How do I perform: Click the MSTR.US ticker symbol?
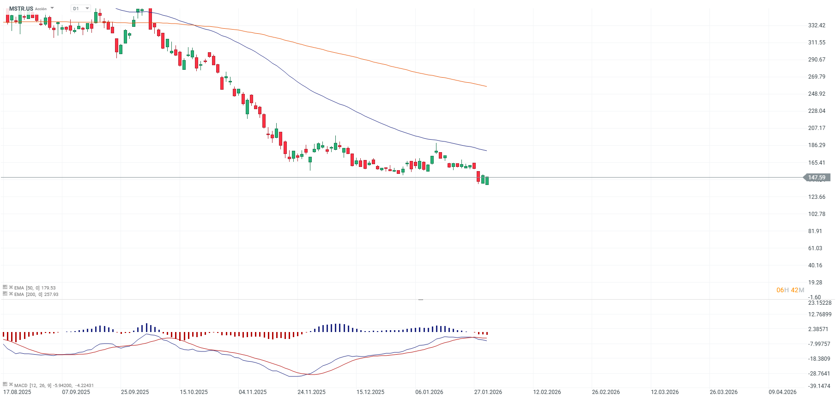pyautogui.click(x=21, y=9)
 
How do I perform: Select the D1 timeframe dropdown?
pyautogui.click(x=81, y=8)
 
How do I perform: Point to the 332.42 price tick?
pyautogui.click(x=817, y=25)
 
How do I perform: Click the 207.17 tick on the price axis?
pyautogui.click(x=817, y=128)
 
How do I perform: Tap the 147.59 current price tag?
pyautogui.click(x=817, y=178)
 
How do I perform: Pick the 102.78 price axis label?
pyautogui.click(x=817, y=214)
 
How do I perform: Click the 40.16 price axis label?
pyautogui.click(x=815, y=265)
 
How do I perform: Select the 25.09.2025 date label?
pyautogui.click(x=135, y=392)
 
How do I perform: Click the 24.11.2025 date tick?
pyautogui.click(x=311, y=392)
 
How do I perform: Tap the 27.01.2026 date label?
pyautogui.click(x=488, y=392)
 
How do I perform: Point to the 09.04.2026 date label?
pyautogui.click(x=782, y=392)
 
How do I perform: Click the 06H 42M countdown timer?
pyautogui.click(x=790, y=290)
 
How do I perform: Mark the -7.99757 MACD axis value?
pyautogui.click(x=819, y=344)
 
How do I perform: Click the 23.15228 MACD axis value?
pyautogui.click(x=819, y=303)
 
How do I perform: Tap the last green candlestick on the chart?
pyautogui.click(x=487, y=181)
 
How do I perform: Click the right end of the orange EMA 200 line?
pyautogui.click(x=486, y=86)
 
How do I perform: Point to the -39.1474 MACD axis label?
pyautogui.click(x=819, y=386)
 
